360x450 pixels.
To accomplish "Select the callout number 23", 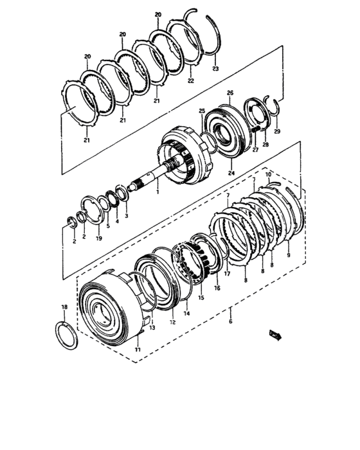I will [x=215, y=68].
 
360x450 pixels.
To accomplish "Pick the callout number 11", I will [x=137, y=349].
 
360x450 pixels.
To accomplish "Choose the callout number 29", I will [x=277, y=131].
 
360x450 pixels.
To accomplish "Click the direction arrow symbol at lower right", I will [x=276, y=333].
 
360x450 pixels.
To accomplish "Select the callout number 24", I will [x=231, y=172].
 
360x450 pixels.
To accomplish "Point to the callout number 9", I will [x=288, y=255].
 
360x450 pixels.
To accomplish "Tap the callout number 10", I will [x=268, y=174].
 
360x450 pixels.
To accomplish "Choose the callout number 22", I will [x=190, y=81].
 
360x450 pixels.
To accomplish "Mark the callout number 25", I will [x=202, y=111].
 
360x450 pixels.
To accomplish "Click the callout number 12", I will [x=172, y=321].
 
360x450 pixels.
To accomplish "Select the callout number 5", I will [x=107, y=226].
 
